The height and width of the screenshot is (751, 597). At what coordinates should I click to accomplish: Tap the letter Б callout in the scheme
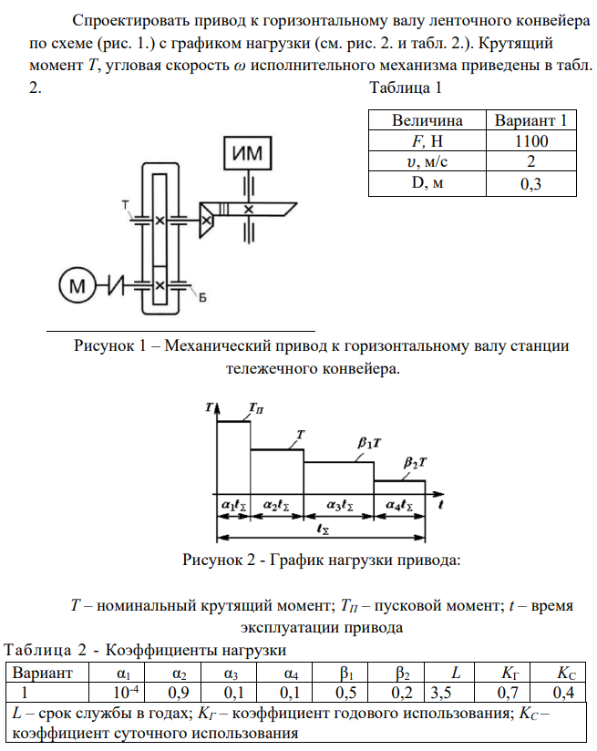coord(202,297)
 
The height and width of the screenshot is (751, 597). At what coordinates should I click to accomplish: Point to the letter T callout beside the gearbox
coord(124,205)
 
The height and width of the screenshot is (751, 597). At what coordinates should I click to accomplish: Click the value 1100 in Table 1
coord(530,141)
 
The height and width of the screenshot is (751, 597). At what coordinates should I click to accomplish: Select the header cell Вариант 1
coord(530,120)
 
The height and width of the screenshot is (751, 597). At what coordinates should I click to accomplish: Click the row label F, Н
coord(427,141)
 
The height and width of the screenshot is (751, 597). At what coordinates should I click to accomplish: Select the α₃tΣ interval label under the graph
coord(336,503)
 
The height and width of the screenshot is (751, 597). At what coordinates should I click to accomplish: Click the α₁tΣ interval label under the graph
coord(232,503)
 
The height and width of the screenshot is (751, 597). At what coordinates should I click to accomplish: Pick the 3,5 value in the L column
coord(443,692)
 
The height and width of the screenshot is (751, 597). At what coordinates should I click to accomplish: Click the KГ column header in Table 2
coord(511,674)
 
